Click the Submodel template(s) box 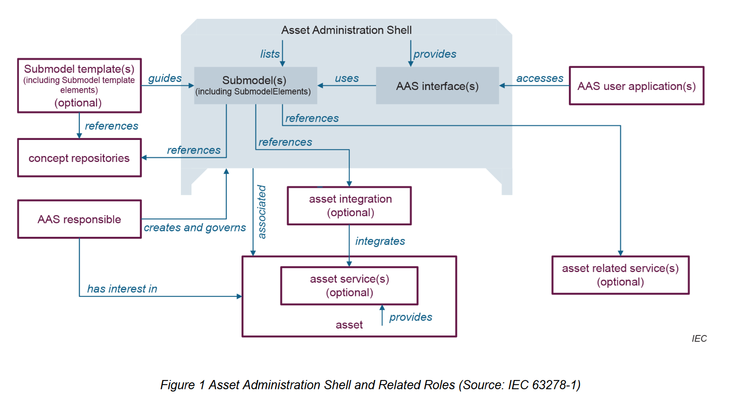pyautogui.click(x=79, y=86)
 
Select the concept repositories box pyautogui.click(x=79, y=158)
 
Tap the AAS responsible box pyautogui.click(x=79, y=219)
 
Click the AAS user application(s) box pyautogui.click(x=636, y=86)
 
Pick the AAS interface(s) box pyautogui.click(x=437, y=86)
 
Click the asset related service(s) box pyautogui.click(x=620, y=275)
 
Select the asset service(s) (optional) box pyautogui.click(x=349, y=286)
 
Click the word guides pyautogui.click(x=165, y=78)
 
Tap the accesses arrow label pyautogui.click(x=539, y=78)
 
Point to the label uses pyautogui.click(x=347, y=78)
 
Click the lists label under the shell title pyautogui.click(x=270, y=54)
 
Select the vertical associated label pyautogui.click(x=262, y=212)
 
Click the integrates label pyautogui.click(x=380, y=241)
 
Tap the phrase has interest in pyautogui.click(x=122, y=289)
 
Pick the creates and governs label pyautogui.click(x=195, y=228)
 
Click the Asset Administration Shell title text pyautogui.click(x=346, y=30)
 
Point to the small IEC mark pyautogui.click(x=699, y=339)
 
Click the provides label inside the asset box pyautogui.click(x=410, y=317)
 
